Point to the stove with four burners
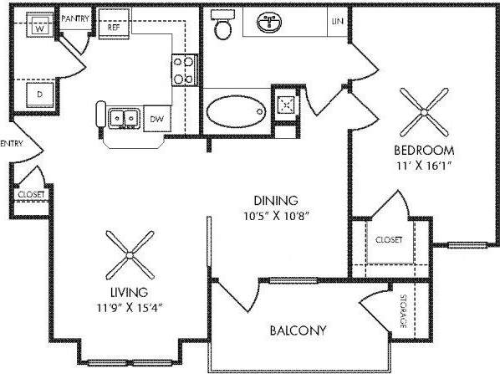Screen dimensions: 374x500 pyautogui.click(x=184, y=69)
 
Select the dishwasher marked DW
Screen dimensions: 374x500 pyautogui.click(x=156, y=120)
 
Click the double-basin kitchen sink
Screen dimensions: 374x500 pyautogui.click(x=126, y=119)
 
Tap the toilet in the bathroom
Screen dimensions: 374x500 pyautogui.click(x=223, y=28)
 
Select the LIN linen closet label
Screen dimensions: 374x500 pyautogui.click(x=337, y=21)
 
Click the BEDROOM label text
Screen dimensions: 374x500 pyautogui.click(x=425, y=150)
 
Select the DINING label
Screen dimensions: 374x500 pyautogui.click(x=278, y=200)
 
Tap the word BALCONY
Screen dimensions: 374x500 pyautogui.click(x=297, y=330)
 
